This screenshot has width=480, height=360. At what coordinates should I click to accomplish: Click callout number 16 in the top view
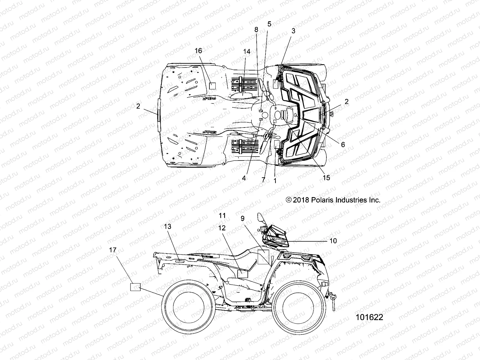pyautogui.click(x=198, y=51)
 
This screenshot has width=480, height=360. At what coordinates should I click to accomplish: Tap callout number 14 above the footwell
pyautogui.click(x=246, y=51)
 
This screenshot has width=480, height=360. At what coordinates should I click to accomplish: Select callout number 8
pyautogui.click(x=256, y=29)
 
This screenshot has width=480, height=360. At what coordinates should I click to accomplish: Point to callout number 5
pyautogui.click(x=269, y=24)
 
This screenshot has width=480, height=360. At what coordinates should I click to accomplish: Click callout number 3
pyautogui.click(x=293, y=31)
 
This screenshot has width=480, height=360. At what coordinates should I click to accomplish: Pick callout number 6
pyautogui.click(x=343, y=145)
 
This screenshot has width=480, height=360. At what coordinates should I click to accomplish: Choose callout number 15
pyautogui.click(x=326, y=178)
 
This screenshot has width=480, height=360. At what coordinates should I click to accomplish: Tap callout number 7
pyautogui.click(x=263, y=180)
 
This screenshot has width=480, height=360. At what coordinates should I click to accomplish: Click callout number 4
pyautogui.click(x=244, y=178)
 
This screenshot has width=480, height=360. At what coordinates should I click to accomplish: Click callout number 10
pyautogui.click(x=333, y=241)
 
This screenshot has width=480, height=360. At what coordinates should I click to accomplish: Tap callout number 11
pyautogui.click(x=222, y=215)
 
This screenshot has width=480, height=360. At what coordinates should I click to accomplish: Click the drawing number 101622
pyautogui.click(x=369, y=317)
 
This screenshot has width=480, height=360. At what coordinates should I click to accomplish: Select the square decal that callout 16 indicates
pyautogui.click(x=212, y=86)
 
